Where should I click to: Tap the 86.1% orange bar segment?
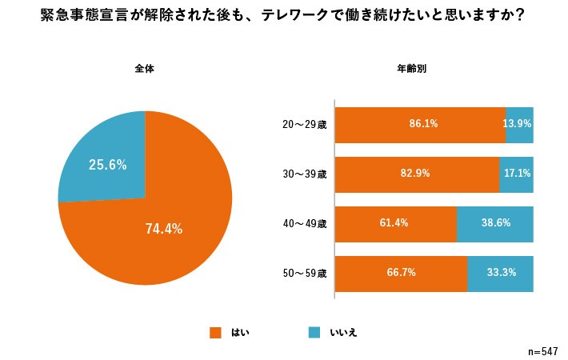420,125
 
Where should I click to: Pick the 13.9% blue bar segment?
519,125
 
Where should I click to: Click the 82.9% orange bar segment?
417,174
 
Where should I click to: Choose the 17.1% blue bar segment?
516,174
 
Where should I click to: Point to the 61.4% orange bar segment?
395,223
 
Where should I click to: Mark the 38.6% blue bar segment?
494,223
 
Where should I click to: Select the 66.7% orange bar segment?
401,273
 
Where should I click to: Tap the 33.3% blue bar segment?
500,273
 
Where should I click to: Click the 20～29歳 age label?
304,125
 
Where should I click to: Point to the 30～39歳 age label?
304,174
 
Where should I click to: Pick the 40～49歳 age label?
304,224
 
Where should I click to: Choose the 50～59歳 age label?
304,274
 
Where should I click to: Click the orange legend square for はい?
214,332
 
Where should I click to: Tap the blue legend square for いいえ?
314,332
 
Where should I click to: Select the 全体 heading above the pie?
144,69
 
